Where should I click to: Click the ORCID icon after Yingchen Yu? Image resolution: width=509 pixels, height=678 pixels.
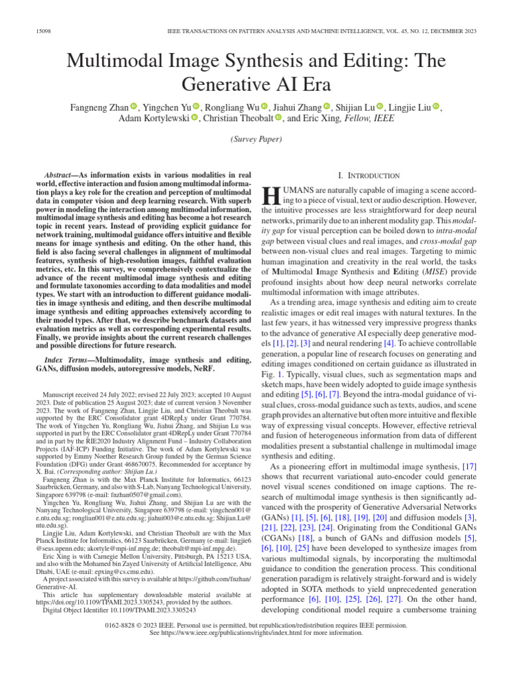point(197,107)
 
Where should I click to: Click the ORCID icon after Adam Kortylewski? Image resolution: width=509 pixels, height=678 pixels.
point(195,119)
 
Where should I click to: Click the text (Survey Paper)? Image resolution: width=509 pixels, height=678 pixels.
point(254,140)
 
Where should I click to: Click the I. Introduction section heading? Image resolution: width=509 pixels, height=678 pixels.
point(368,175)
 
